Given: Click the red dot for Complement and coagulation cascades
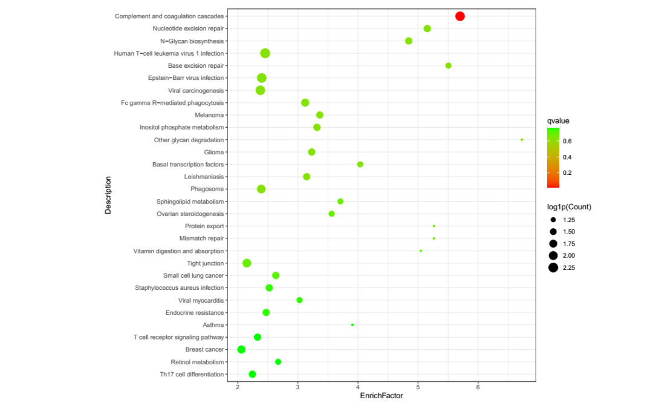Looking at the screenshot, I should coord(460,16).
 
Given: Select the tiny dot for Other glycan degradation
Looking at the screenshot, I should coord(522,140).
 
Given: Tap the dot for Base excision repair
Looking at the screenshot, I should coord(448,65).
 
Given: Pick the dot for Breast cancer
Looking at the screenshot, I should coord(241,349).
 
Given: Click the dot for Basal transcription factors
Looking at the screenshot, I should coord(360,164).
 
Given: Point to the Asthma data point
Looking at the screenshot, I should coord(352,325).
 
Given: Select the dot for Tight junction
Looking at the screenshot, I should coord(247,263).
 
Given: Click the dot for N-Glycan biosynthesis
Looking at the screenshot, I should coord(409,41).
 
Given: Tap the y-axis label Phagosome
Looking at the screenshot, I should coord(207,189).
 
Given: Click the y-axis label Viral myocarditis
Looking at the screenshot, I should coord(201,300).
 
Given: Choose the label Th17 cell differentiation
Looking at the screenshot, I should coord(192,374).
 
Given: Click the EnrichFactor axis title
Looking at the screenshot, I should coord(381,396).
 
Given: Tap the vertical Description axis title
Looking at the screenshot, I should coord(108,195).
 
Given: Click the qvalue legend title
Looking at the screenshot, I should coord(558,120).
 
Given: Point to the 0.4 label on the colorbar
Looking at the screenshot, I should coord(568,157).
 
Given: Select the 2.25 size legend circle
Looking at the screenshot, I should coord(553,268).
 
